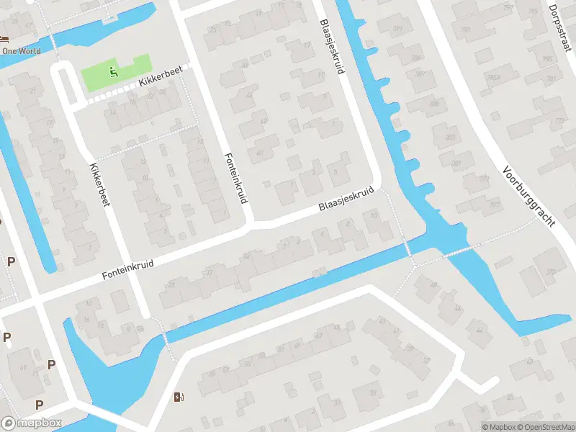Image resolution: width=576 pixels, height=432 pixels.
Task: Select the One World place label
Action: click(x=20, y=51)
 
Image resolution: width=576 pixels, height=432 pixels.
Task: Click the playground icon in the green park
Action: click(x=113, y=71)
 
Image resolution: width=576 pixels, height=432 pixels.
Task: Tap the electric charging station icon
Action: click(x=179, y=397)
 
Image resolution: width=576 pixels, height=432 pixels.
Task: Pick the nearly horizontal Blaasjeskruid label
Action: click(x=348, y=201)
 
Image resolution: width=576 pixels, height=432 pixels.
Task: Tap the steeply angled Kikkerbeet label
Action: click(x=98, y=185)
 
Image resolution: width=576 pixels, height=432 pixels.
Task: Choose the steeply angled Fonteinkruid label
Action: click(x=233, y=179)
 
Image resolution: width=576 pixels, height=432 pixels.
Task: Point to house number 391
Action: click(x=397, y=29)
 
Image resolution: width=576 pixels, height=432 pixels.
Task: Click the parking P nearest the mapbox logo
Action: click(x=39, y=405)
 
